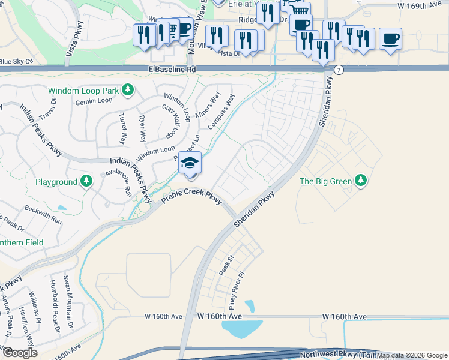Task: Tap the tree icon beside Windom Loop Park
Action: pos(127,91)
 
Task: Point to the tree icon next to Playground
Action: pos(87,181)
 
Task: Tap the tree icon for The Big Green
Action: pos(360,180)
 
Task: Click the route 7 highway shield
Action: pos(340,70)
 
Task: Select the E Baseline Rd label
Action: pos(173,70)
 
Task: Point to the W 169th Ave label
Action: pos(419,5)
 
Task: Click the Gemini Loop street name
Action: pos(94,102)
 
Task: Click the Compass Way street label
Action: pos(221,111)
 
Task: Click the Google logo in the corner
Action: pos(20,353)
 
